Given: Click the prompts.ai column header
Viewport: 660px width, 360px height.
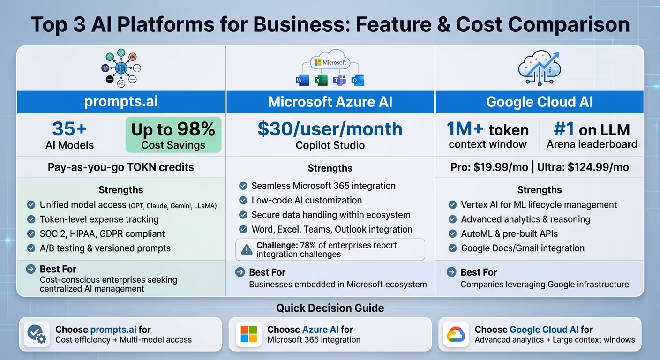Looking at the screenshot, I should click(x=121, y=102).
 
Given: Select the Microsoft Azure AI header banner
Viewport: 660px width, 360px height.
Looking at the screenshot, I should click(x=330, y=102).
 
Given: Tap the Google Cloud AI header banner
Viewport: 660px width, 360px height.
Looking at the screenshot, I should click(x=540, y=102).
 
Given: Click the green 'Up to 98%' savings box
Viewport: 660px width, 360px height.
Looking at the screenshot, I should click(x=173, y=135).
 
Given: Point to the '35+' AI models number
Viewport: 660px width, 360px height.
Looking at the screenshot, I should click(x=69, y=129).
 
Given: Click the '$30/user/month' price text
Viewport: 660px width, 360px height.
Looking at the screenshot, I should click(x=330, y=129).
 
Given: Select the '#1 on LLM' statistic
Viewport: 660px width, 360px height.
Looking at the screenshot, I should click(x=592, y=129).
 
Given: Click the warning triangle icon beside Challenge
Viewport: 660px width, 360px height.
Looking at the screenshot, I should click(x=247, y=250).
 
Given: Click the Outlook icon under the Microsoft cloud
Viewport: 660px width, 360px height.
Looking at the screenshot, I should click(x=358, y=81).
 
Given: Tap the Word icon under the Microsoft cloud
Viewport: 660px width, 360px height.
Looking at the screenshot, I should click(x=302, y=81).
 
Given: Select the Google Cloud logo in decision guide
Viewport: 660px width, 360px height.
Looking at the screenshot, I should click(x=455, y=334).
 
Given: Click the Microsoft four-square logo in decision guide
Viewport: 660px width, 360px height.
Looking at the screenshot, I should click(x=248, y=334).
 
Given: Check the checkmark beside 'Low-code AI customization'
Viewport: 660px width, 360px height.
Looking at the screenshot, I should click(x=243, y=201).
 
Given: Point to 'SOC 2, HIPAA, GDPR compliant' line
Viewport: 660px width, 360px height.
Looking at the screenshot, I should click(x=102, y=233).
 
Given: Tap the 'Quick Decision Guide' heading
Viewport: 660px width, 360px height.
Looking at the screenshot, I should click(x=330, y=308).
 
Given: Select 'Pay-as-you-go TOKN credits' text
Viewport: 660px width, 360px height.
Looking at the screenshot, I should click(x=121, y=167).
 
